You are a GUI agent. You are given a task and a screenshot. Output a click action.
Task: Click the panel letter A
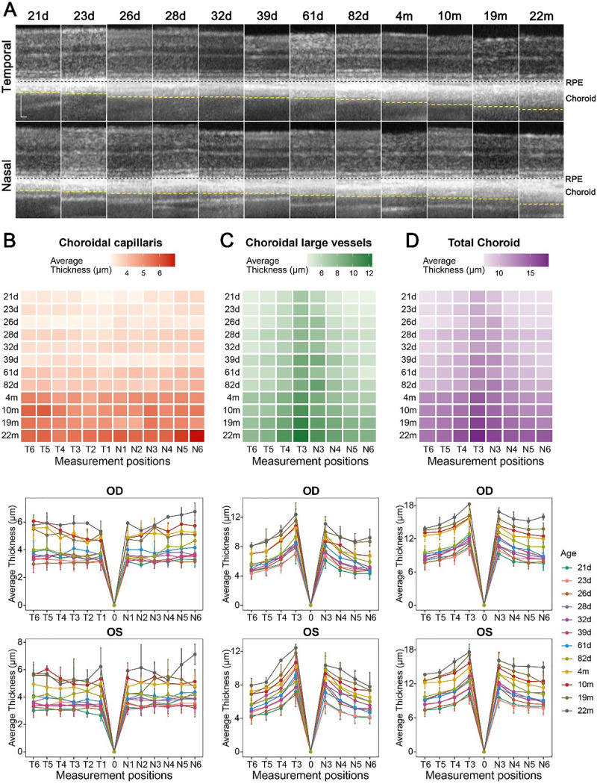click(x=9, y=10)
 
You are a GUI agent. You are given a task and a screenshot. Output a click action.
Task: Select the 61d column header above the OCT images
click(x=313, y=16)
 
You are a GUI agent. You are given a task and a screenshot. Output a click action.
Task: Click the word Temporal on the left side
click(x=7, y=67)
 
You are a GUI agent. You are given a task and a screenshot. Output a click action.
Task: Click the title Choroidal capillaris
click(x=110, y=243)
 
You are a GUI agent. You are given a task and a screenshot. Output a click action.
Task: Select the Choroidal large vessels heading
click(x=308, y=243)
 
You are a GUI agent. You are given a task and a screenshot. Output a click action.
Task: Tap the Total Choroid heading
click(x=484, y=243)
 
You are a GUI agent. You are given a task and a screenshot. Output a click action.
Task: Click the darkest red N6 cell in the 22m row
click(x=197, y=435)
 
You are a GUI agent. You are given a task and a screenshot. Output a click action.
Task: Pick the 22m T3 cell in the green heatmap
click(x=301, y=435)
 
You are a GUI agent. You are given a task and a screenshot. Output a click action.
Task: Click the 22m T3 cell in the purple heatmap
click(x=478, y=435)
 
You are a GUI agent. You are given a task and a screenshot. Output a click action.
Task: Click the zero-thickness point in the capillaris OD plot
click(x=114, y=605)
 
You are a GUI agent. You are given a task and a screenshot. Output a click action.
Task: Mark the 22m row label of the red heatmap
click(x=10, y=435)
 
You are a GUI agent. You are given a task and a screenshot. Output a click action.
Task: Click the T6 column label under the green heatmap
click(x=252, y=449)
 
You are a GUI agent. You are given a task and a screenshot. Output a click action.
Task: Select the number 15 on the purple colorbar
click(x=530, y=273)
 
